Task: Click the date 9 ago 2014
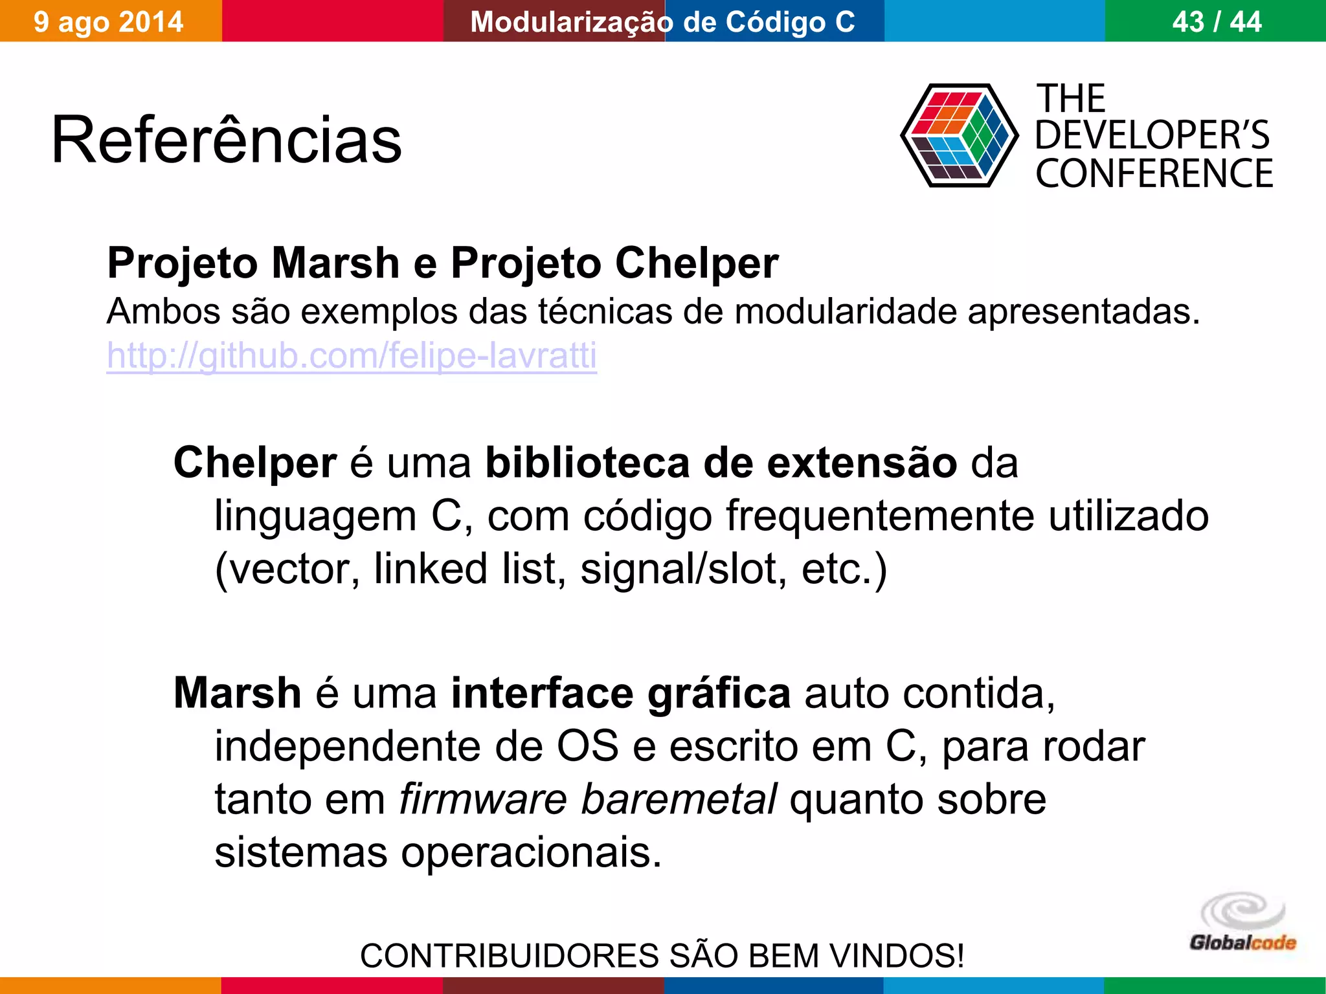tap(109, 21)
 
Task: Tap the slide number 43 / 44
tap(1217, 21)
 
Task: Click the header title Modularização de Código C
tap(662, 21)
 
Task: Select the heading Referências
tap(227, 140)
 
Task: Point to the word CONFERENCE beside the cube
tap(1154, 173)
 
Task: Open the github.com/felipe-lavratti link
tap(352, 355)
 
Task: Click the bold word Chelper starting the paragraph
tap(255, 463)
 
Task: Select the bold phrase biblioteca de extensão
tap(721, 463)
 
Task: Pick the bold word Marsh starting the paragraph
tap(238, 692)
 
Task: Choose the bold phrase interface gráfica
tap(621, 692)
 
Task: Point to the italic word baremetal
tap(679, 799)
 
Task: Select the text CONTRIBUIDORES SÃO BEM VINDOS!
tap(662, 955)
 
